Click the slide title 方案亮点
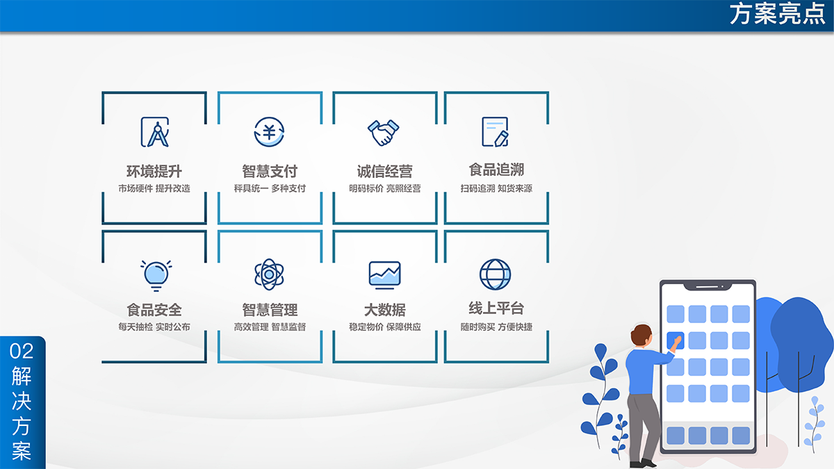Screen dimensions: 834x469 coord(778,14)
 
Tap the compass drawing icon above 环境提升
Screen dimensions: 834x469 coord(155,132)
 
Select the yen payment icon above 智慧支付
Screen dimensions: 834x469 coord(269,132)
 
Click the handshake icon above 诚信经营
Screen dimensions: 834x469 coord(384,133)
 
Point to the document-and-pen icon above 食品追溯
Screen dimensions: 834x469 coord(495,132)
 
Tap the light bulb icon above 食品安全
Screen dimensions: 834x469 coord(156,275)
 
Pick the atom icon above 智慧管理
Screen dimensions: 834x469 coord(269,274)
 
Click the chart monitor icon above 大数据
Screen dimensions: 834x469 coord(384,275)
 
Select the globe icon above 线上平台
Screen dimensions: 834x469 coord(495,274)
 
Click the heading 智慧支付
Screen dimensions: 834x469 coord(270,171)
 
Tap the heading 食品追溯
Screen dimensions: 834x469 coord(496,170)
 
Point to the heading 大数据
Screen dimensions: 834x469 coord(384,310)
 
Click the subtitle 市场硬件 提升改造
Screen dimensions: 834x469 coord(154,188)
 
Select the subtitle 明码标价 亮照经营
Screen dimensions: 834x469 coord(384,188)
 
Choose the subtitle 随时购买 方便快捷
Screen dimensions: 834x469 coord(496,327)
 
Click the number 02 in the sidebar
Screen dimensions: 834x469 coord(22,352)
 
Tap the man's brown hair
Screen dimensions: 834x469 coord(640,334)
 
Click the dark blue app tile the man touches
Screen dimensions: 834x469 coord(675,340)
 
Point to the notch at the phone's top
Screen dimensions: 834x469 coord(708,286)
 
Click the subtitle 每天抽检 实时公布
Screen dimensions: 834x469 coord(154,327)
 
